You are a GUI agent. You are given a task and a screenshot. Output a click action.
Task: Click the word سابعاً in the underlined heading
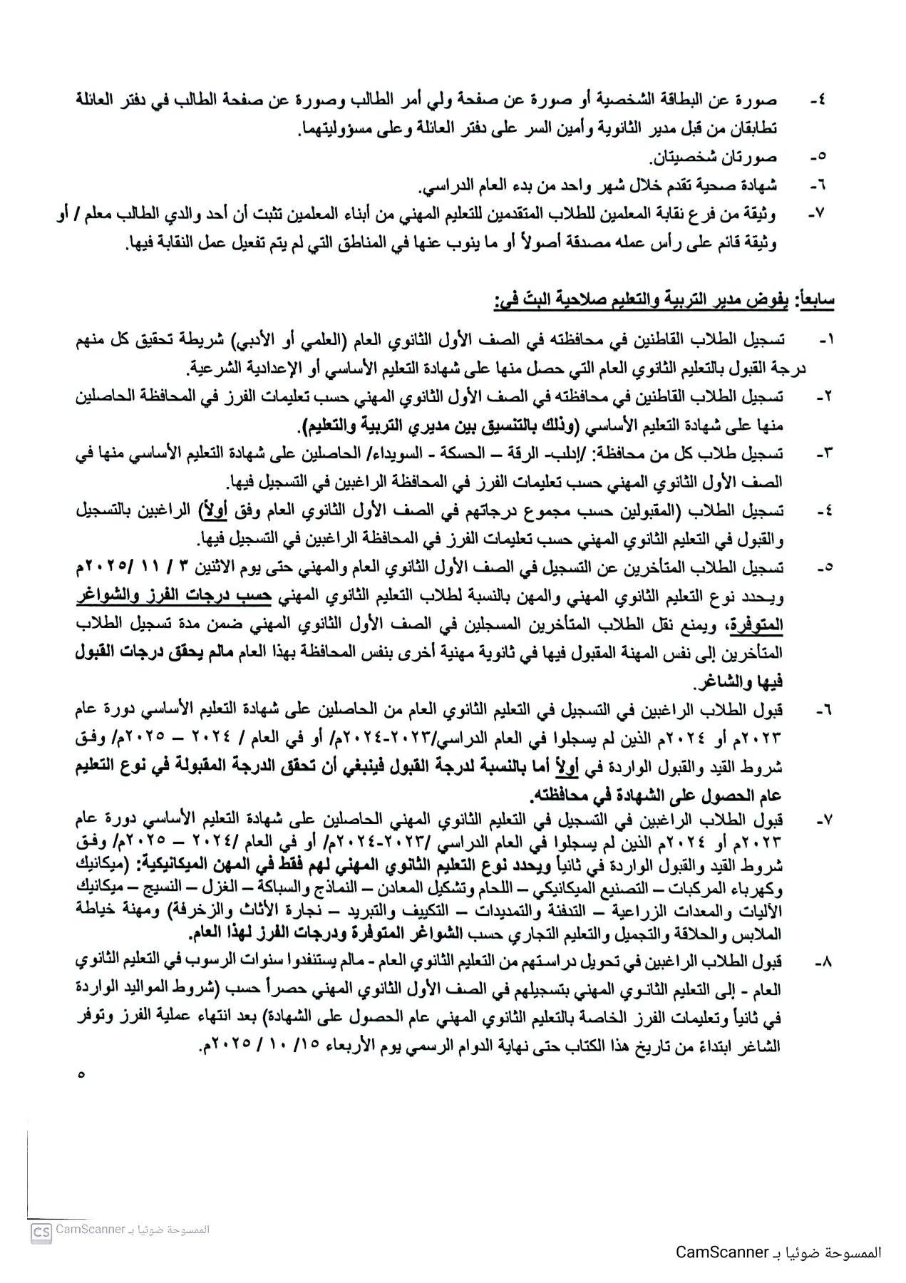click(818, 302)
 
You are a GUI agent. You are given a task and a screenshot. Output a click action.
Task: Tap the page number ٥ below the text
click(81, 1074)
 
